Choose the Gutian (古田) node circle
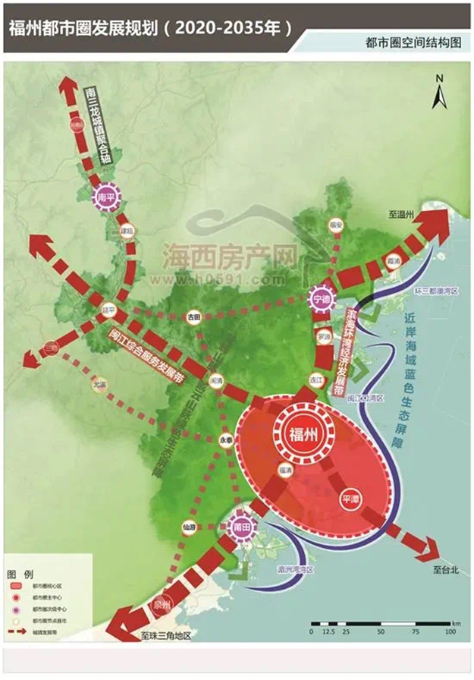(x=195, y=316)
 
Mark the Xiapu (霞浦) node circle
(x=392, y=260)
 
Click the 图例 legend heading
(x=19, y=568)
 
